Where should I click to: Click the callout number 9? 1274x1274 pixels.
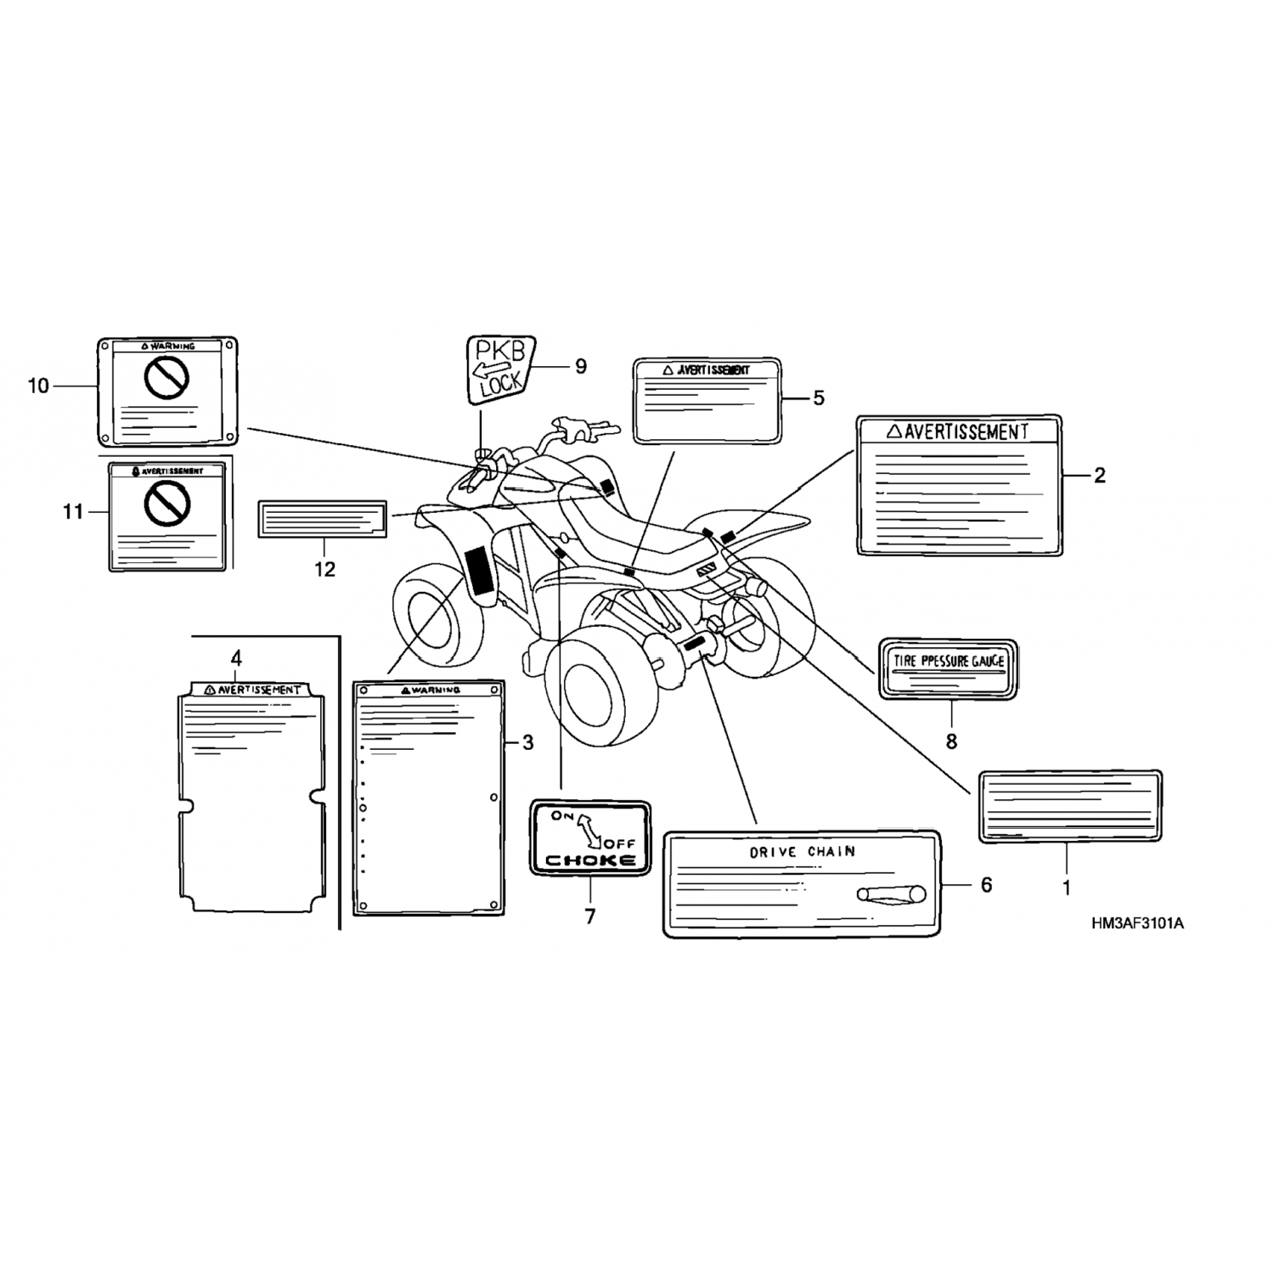point(581,366)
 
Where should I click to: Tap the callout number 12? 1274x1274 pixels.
point(325,569)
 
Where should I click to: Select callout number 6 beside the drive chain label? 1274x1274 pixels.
point(985,885)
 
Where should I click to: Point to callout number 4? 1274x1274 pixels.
point(236,657)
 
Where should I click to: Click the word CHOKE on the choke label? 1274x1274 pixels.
point(590,860)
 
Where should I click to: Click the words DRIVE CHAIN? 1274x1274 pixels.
point(802,852)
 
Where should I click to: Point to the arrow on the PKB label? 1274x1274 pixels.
point(492,368)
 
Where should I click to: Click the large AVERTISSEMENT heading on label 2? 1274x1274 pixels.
point(966,431)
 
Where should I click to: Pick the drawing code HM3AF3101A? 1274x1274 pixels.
point(1138,923)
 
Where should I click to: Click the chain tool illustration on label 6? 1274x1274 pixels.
point(891,893)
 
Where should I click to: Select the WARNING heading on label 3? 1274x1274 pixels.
point(429,690)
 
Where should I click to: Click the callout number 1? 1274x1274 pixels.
point(1067,889)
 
